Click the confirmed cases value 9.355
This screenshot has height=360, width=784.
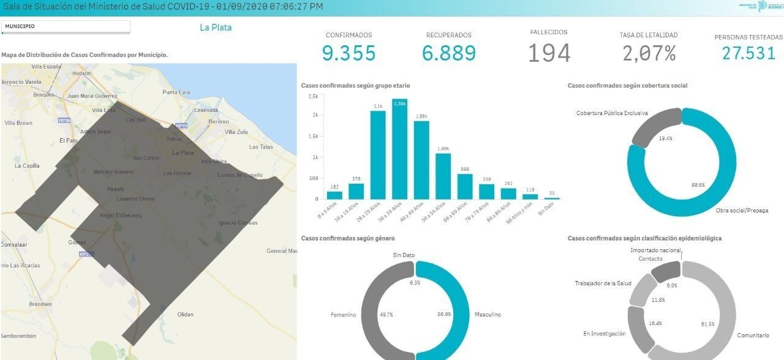click(349, 53)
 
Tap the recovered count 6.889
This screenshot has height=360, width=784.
click(449, 53)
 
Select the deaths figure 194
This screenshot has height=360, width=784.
click(549, 53)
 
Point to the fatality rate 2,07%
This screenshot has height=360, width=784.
click(649, 54)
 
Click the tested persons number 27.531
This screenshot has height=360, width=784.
click(749, 53)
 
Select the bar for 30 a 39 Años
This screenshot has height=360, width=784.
click(400, 150)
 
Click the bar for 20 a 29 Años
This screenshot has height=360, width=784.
click(378, 155)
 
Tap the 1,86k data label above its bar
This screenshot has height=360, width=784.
click(421, 116)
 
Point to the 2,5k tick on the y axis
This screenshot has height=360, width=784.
click(313, 97)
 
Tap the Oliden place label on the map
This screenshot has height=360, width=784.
click(185, 315)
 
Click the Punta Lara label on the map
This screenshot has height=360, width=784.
click(176, 92)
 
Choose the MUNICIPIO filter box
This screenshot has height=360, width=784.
click(66, 27)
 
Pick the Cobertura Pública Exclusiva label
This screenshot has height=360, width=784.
click(612, 113)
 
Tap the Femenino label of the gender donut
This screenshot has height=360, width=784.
click(343, 315)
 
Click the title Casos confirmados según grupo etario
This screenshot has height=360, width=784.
click(356, 86)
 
